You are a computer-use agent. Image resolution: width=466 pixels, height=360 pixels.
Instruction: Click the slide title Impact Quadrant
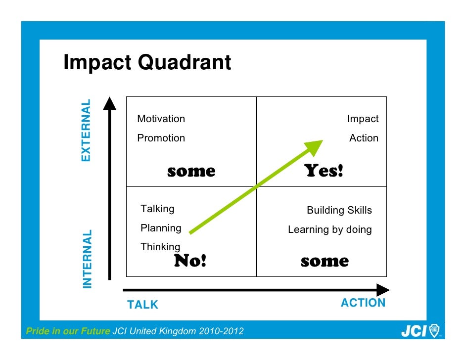(x=147, y=63)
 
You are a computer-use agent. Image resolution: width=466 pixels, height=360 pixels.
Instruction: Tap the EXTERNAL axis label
(x=86, y=130)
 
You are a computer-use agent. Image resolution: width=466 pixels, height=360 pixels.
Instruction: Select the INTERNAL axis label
(x=87, y=258)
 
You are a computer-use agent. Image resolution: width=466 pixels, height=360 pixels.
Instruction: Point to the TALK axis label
(x=142, y=305)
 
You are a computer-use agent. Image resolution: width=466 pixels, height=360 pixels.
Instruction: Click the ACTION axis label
(x=363, y=303)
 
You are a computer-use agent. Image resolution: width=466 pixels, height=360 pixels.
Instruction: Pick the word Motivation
(x=161, y=119)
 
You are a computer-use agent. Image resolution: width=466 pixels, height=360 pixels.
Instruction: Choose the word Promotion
(x=161, y=138)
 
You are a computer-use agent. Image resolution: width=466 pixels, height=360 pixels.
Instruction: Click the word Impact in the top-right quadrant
(x=363, y=119)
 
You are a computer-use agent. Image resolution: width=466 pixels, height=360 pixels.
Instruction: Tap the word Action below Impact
(x=364, y=138)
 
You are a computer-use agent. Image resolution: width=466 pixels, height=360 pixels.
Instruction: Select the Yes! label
(x=324, y=171)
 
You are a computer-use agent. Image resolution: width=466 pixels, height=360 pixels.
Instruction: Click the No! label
(x=190, y=261)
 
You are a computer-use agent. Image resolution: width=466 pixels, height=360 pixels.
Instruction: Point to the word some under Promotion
(x=191, y=172)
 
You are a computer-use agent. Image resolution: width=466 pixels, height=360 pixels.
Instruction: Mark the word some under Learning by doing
(x=325, y=261)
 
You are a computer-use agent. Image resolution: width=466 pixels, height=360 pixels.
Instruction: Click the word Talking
(x=157, y=209)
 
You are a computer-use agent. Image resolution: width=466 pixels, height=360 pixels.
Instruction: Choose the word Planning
(x=161, y=228)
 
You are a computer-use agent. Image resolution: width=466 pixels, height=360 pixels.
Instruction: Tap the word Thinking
(x=160, y=246)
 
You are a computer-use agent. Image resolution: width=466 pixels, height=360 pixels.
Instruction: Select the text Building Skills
(x=339, y=210)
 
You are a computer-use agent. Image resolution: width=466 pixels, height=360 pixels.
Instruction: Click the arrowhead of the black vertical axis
(x=109, y=103)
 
